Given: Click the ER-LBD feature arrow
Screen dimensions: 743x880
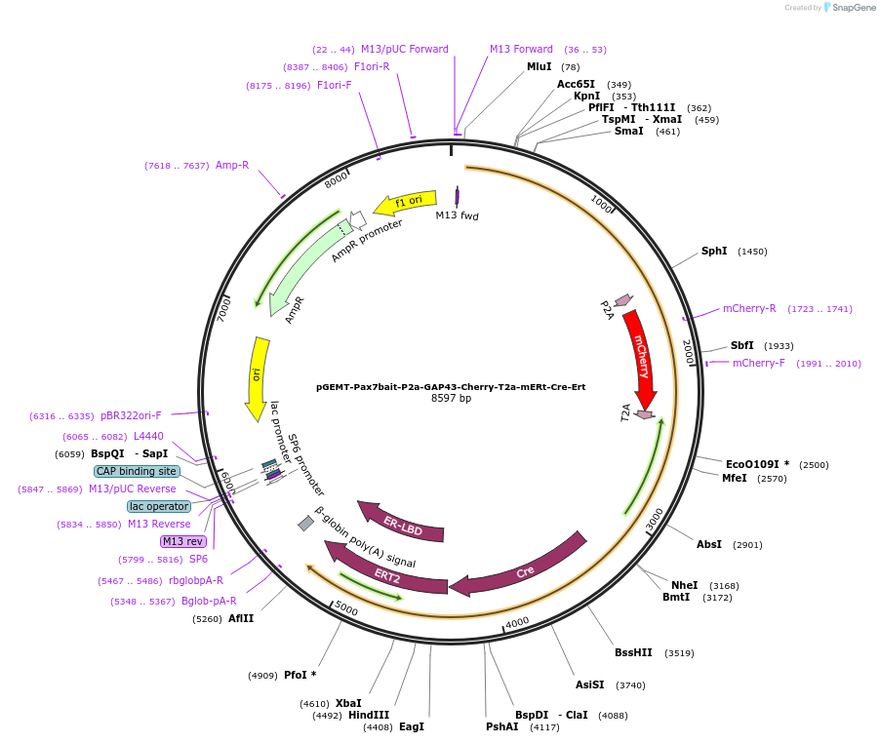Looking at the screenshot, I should coord(402,523).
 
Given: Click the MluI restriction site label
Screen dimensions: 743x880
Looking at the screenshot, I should coord(540,67).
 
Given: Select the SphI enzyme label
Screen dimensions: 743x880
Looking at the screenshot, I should coord(714,252).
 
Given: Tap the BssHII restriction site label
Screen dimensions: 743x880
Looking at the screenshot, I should coord(633,653).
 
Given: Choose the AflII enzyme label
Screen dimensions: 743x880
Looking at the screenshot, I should coord(241,618).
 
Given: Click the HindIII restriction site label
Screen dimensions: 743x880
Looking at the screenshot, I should coord(369,715).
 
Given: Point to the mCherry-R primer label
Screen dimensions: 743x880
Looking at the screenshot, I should coord(749,309).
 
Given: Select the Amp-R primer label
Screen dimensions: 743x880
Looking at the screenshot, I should coord(232,166).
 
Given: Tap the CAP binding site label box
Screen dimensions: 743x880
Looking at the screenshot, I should coord(137,471).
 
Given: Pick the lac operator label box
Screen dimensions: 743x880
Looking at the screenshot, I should coord(158,506).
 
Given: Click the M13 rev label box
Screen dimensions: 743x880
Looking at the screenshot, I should coord(183,541).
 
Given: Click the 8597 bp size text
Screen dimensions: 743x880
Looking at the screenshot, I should coord(451,399).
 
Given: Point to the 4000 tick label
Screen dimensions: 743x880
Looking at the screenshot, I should coord(517,621).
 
